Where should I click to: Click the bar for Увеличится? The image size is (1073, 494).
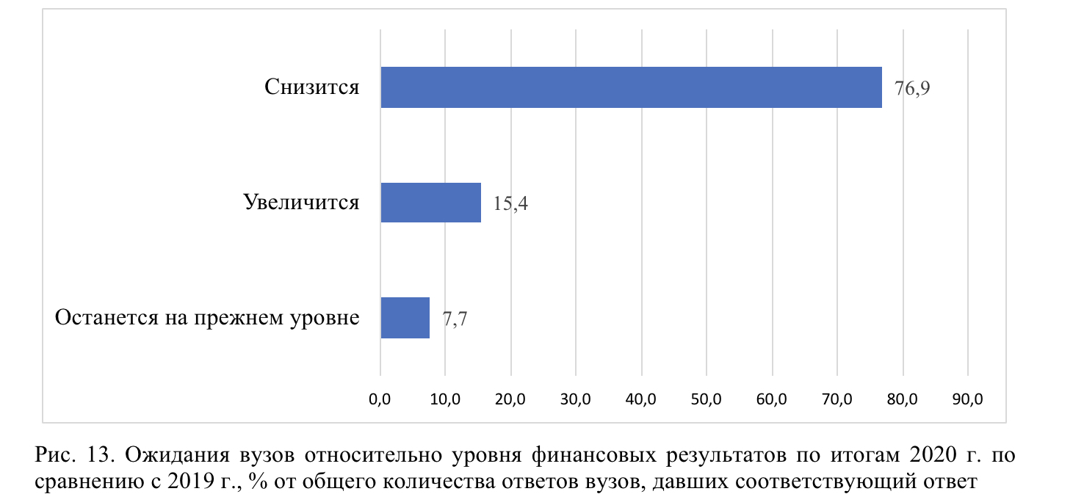click(x=430, y=202)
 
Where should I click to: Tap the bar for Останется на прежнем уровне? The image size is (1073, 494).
click(x=405, y=318)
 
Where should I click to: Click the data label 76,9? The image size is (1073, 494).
click(x=912, y=89)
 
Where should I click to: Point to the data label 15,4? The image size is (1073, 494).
click(x=510, y=203)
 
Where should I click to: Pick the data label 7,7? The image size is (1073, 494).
click(x=455, y=319)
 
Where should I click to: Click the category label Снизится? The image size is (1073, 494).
click(x=312, y=87)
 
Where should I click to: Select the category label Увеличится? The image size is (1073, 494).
click(x=301, y=202)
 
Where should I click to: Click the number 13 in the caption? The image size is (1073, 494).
click(x=101, y=455)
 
